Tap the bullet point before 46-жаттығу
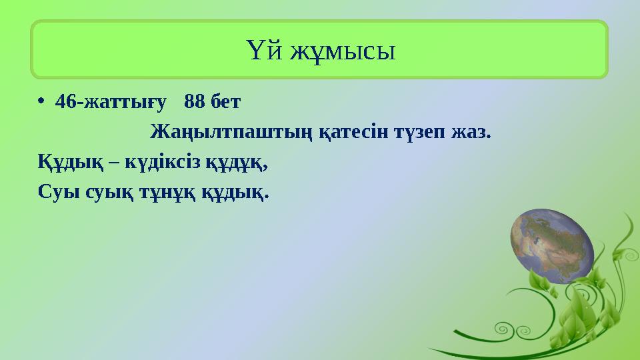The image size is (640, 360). click(41, 102)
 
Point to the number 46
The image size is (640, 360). click(65, 102)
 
